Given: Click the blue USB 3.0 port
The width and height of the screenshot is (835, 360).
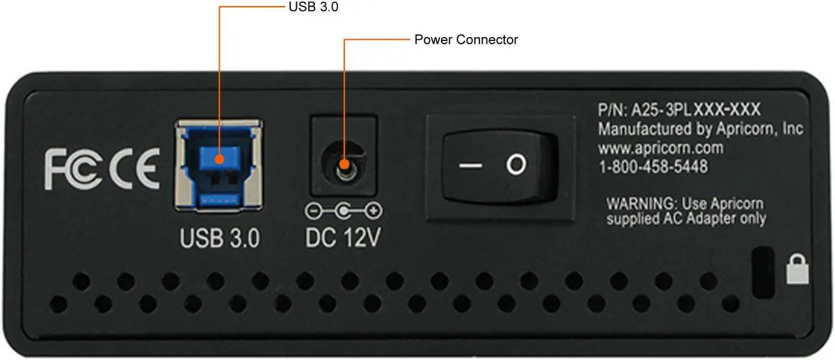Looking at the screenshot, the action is coord(219,166).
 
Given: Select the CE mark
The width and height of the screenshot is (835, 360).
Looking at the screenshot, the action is coord(134,168).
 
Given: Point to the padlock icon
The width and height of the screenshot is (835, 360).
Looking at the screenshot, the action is coord(797,269).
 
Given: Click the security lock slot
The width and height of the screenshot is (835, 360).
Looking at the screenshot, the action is coord(763,273).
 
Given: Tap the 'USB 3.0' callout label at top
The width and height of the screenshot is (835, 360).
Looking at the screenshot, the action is coord(314,7).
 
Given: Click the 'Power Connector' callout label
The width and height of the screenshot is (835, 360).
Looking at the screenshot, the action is coord(466,40).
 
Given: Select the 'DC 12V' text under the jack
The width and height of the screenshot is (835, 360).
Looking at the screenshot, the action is coord(343,237).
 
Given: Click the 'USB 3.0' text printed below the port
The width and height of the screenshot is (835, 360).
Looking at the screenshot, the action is coord(220,238).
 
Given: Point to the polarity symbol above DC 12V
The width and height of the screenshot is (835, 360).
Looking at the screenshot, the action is coord(343,211).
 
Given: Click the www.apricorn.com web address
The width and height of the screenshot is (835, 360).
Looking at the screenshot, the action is coord(661,148).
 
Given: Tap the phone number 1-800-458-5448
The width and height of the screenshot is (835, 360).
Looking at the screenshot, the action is coord(653,166).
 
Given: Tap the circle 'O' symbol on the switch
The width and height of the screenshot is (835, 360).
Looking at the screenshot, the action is coord(516,164).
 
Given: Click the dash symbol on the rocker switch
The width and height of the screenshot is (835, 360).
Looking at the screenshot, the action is coord(470,166).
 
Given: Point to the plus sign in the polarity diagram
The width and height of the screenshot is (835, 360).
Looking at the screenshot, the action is coord(373,211).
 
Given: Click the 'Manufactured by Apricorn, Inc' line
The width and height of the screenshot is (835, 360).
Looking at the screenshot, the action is coord(701,129).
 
